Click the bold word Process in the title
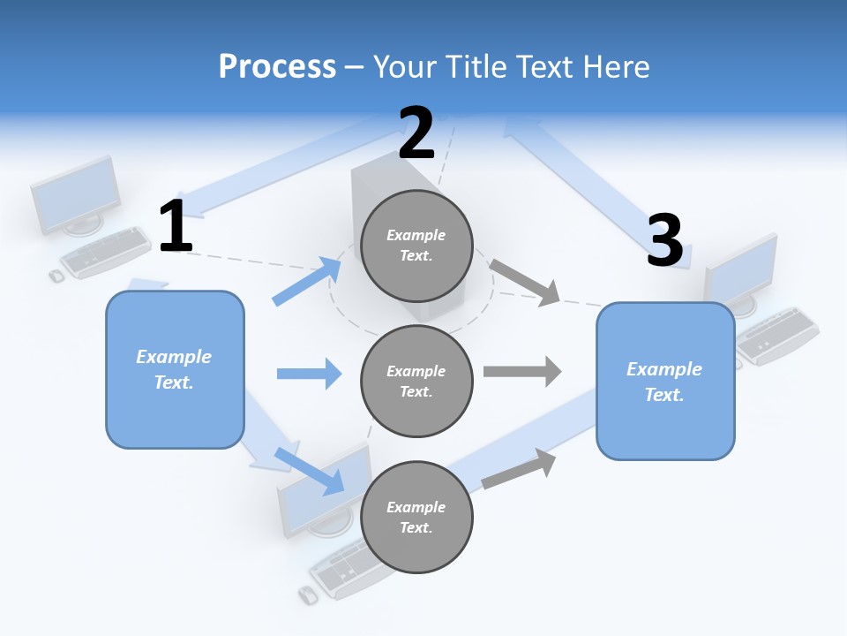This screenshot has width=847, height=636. pyautogui.click(x=277, y=66)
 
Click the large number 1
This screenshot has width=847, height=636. pyautogui.click(x=176, y=226)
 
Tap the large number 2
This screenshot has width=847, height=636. pyautogui.click(x=416, y=133)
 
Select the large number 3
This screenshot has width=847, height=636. pyautogui.click(x=664, y=240)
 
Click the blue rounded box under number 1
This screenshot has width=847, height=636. pyautogui.click(x=175, y=369)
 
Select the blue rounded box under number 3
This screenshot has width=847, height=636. pyautogui.click(x=665, y=381)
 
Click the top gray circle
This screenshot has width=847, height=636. pyautogui.click(x=416, y=245)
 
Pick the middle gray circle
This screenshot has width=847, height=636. pyautogui.click(x=416, y=381)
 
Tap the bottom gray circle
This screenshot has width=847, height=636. pyautogui.click(x=416, y=517)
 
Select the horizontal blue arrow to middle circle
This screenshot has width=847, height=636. pyautogui.click(x=309, y=374)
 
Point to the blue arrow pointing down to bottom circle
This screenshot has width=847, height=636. pyautogui.click(x=310, y=469)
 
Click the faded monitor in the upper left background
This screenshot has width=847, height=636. pyautogui.click(x=76, y=196)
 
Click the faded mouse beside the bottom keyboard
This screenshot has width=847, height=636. pyautogui.click(x=307, y=594)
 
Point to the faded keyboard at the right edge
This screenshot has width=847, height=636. pyautogui.click(x=777, y=335)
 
